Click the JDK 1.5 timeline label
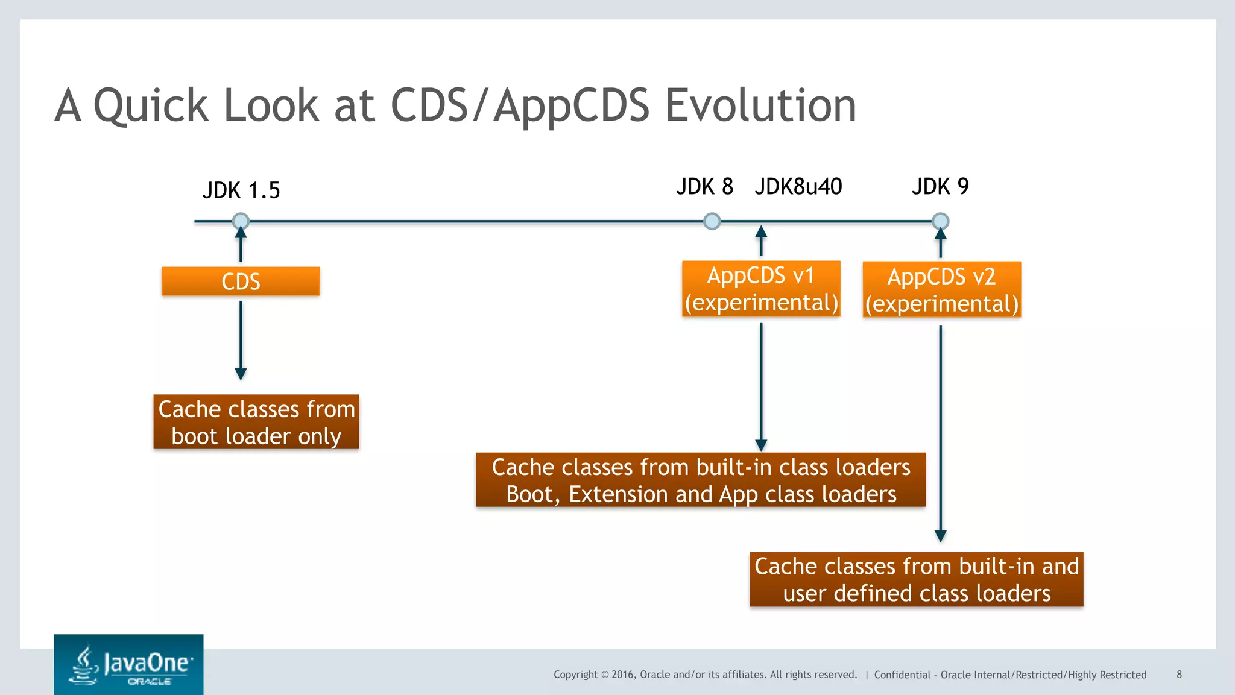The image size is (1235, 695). pyautogui.click(x=241, y=190)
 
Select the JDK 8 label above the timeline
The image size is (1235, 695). pyautogui.click(x=704, y=187)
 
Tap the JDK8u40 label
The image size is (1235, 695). pyautogui.click(x=798, y=187)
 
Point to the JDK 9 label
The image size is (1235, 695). pyautogui.click(x=940, y=187)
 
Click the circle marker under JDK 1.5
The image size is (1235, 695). pyautogui.click(x=241, y=221)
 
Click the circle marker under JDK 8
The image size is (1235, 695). pyautogui.click(x=712, y=221)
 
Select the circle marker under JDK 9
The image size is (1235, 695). pyautogui.click(x=940, y=221)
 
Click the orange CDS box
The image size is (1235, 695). pyautogui.click(x=241, y=281)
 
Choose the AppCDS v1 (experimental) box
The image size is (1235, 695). pyautogui.click(x=761, y=289)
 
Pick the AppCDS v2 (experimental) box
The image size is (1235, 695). pyautogui.click(x=941, y=290)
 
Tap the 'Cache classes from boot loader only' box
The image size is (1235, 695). pyautogui.click(x=256, y=422)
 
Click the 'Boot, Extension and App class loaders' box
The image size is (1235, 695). pyautogui.click(x=701, y=480)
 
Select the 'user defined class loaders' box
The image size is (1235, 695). pyautogui.click(x=917, y=580)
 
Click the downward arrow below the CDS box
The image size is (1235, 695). pyautogui.click(x=241, y=341)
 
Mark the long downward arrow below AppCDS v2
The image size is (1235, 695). pyautogui.click(x=940, y=434)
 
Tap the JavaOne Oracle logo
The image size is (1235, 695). pyautogui.click(x=128, y=665)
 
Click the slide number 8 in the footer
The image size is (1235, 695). pyautogui.click(x=1179, y=675)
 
